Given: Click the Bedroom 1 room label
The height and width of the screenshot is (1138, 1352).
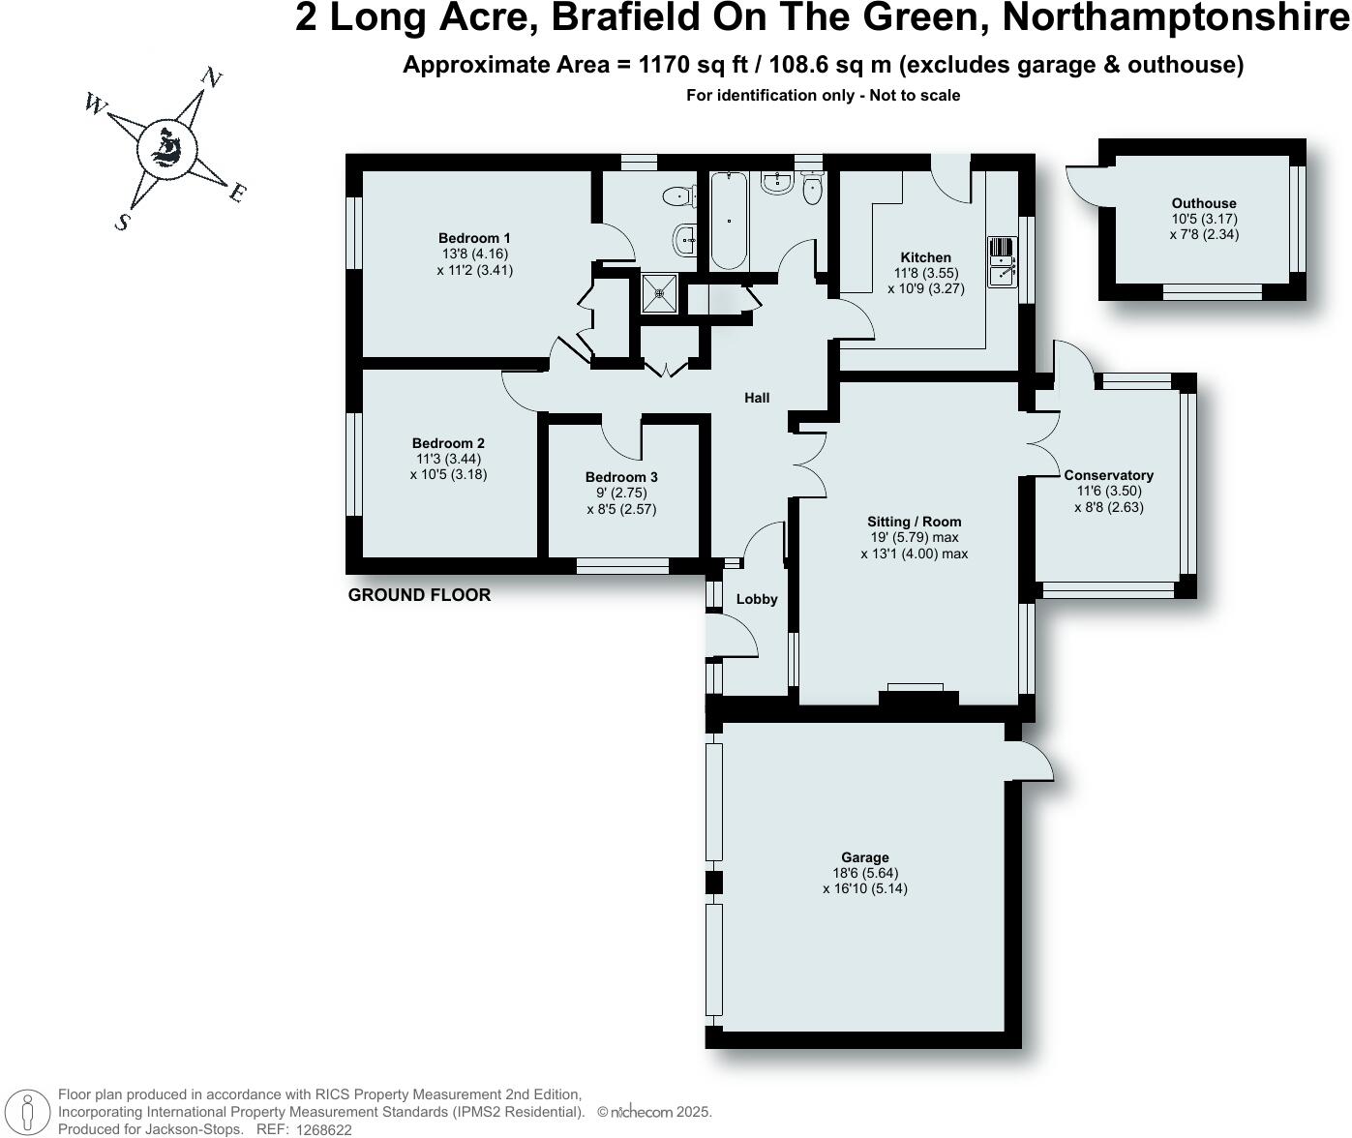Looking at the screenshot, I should [474, 238].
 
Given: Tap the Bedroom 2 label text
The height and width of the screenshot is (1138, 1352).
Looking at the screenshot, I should [448, 443].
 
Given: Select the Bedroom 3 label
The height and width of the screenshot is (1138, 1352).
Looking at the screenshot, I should [621, 477].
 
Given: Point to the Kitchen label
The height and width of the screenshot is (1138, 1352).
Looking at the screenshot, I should [926, 257].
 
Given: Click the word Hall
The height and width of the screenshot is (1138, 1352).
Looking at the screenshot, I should [757, 398].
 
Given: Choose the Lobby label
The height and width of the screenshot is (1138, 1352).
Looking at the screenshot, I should [757, 599].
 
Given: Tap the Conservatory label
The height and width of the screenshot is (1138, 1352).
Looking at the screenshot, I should [1108, 475].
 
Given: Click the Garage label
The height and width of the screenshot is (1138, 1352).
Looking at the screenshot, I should [864, 857].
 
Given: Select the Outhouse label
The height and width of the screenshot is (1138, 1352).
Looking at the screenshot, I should [1204, 203].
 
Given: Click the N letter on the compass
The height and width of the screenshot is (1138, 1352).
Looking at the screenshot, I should [212, 78].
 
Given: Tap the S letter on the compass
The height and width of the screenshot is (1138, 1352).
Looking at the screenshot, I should [122, 223].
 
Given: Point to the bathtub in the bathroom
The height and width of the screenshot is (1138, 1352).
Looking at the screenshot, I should [729, 221].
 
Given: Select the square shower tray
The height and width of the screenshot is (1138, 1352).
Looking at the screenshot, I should [662, 293].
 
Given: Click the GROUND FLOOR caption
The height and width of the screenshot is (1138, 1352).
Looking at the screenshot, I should [419, 595].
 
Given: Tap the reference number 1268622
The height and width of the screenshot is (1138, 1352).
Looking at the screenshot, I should [324, 1129].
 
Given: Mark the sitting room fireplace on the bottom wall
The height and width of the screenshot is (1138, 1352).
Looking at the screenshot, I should [915, 691].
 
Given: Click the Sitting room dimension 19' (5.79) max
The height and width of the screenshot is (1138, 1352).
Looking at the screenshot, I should [914, 537].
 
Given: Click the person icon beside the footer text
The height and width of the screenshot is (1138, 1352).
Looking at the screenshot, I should [29, 1112].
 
